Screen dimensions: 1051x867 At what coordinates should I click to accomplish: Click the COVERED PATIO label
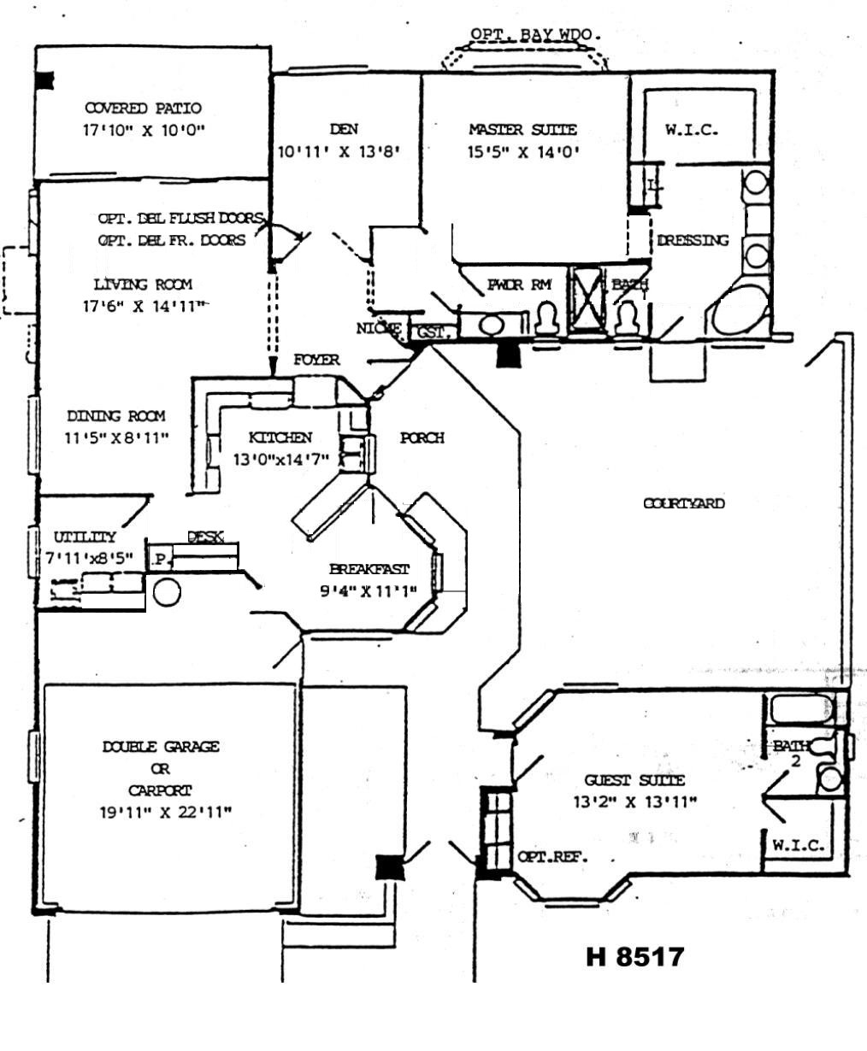[144, 109]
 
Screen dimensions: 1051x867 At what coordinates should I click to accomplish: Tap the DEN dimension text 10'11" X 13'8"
[339, 152]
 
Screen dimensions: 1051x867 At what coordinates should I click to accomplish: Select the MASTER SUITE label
[522, 130]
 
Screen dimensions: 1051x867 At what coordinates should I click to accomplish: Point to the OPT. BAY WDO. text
[535, 35]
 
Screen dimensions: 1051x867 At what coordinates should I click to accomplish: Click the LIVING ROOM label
[144, 285]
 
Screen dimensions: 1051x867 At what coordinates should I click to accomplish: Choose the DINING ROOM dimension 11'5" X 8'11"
[117, 437]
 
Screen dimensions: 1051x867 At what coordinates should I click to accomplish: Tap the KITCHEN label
[280, 437]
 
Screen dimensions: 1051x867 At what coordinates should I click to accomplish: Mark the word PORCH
[422, 438]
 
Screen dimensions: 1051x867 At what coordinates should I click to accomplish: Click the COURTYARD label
[683, 503]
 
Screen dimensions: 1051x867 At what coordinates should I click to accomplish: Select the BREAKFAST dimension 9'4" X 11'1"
[369, 590]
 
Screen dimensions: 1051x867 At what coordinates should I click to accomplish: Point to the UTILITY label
[86, 537]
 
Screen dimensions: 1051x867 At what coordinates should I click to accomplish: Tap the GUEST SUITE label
[634, 780]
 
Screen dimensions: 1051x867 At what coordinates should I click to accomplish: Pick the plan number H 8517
[635, 956]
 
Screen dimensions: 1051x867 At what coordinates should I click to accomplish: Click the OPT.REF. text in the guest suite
[552, 856]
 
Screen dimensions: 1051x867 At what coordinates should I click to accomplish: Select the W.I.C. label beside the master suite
[692, 131]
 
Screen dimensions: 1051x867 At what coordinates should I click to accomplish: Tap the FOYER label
[316, 360]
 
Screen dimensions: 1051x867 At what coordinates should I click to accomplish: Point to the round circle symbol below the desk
[167, 592]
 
